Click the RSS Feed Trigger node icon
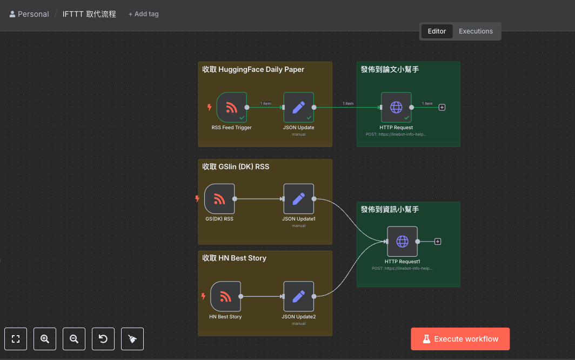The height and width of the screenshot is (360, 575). [x=231, y=107]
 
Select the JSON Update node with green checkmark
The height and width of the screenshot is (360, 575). [x=298, y=107]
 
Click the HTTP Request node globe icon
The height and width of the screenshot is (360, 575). [x=396, y=107]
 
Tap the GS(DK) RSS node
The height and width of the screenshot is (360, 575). [x=219, y=199]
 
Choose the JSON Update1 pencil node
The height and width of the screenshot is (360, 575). [x=298, y=199]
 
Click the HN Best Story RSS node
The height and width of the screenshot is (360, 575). [x=225, y=296]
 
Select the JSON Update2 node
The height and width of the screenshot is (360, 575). [x=298, y=296]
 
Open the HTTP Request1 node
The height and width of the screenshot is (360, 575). [x=402, y=241]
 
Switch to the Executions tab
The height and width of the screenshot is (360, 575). [x=476, y=31]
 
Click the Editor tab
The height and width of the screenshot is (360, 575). [x=437, y=31]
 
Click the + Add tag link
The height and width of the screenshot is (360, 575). [x=144, y=14]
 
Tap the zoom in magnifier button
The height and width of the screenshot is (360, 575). [x=45, y=339]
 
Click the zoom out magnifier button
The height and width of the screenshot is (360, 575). [x=74, y=339]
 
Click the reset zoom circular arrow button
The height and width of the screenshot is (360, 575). [x=103, y=339]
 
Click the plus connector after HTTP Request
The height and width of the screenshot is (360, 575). [x=442, y=107]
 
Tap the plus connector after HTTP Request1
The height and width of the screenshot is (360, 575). [x=438, y=241]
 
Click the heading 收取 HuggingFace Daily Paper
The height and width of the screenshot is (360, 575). [x=253, y=70]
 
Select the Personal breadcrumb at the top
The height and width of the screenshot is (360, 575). [x=29, y=14]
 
